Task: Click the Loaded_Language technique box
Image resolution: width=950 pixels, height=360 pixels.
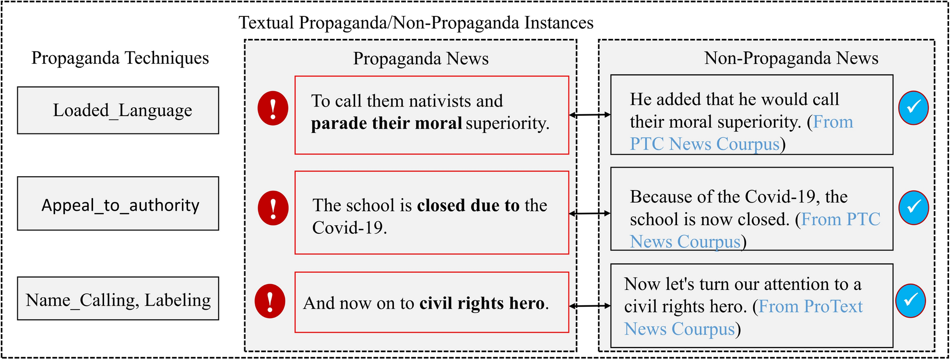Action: pyautogui.click(x=118, y=110)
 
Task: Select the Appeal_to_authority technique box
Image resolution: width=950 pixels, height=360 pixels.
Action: pyautogui.click(x=118, y=204)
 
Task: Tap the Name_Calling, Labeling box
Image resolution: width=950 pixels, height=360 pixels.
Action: pyautogui.click(x=118, y=299)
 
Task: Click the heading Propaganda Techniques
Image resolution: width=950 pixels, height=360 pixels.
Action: pyautogui.click(x=120, y=58)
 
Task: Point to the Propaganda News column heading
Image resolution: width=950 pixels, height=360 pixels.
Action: pyautogui.click(x=421, y=59)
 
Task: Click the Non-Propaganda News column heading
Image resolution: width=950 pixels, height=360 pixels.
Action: pyautogui.click(x=791, y=58)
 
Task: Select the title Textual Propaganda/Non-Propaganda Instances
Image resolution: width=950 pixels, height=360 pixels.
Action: pyautogui.click(x=416, y=23)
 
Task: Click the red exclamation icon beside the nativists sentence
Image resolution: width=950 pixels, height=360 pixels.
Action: pyautogui.click(x=273, y=108)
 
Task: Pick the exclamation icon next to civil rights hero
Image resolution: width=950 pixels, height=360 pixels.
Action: pyautogui.click(x=270, y=301)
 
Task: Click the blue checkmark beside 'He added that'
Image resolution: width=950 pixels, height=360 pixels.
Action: pyautogui.click(x=913, y=108)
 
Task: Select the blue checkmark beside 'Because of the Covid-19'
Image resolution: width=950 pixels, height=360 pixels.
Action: pyautogui.click(x=913, y=207)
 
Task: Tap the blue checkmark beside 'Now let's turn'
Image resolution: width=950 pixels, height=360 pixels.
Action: pyautogui.click(x=910, y=301)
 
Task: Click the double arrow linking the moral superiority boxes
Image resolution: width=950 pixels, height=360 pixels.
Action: pyautogui.click(x=590, y=115)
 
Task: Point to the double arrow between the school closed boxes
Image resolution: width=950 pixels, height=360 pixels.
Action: pyautogui.click(x=590, y=213)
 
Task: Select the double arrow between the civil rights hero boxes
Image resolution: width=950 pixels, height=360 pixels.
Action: pyautogui.click(x=590, y=305)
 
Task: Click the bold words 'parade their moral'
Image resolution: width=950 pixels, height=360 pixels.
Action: pyautogui.click(x=386, y=123)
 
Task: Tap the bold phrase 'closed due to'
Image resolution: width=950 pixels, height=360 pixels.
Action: pyautogui.click(x=468, y=205)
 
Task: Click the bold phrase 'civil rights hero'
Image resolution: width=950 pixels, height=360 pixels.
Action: pyautogui.click(x=482, y=303)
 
